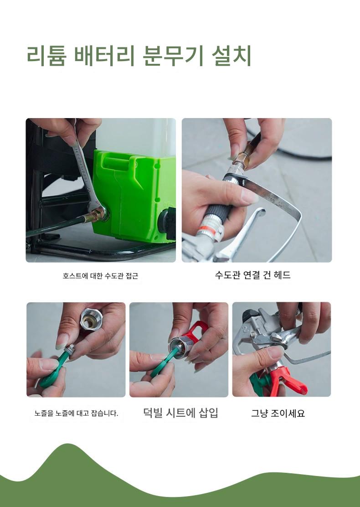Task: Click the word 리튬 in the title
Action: click(46, 56)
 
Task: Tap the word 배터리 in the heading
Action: click(104, 56)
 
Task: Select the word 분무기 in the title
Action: click(173, 56)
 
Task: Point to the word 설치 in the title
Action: click(231, 56)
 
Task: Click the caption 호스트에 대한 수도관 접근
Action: click(101, 276)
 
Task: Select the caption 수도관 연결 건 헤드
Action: click(253, 275)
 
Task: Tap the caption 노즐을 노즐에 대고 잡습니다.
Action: click(76, 413)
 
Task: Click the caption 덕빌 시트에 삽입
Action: click(180, 413)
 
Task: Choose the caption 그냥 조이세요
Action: click(278, 413)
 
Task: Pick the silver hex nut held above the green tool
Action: click(91, 319)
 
